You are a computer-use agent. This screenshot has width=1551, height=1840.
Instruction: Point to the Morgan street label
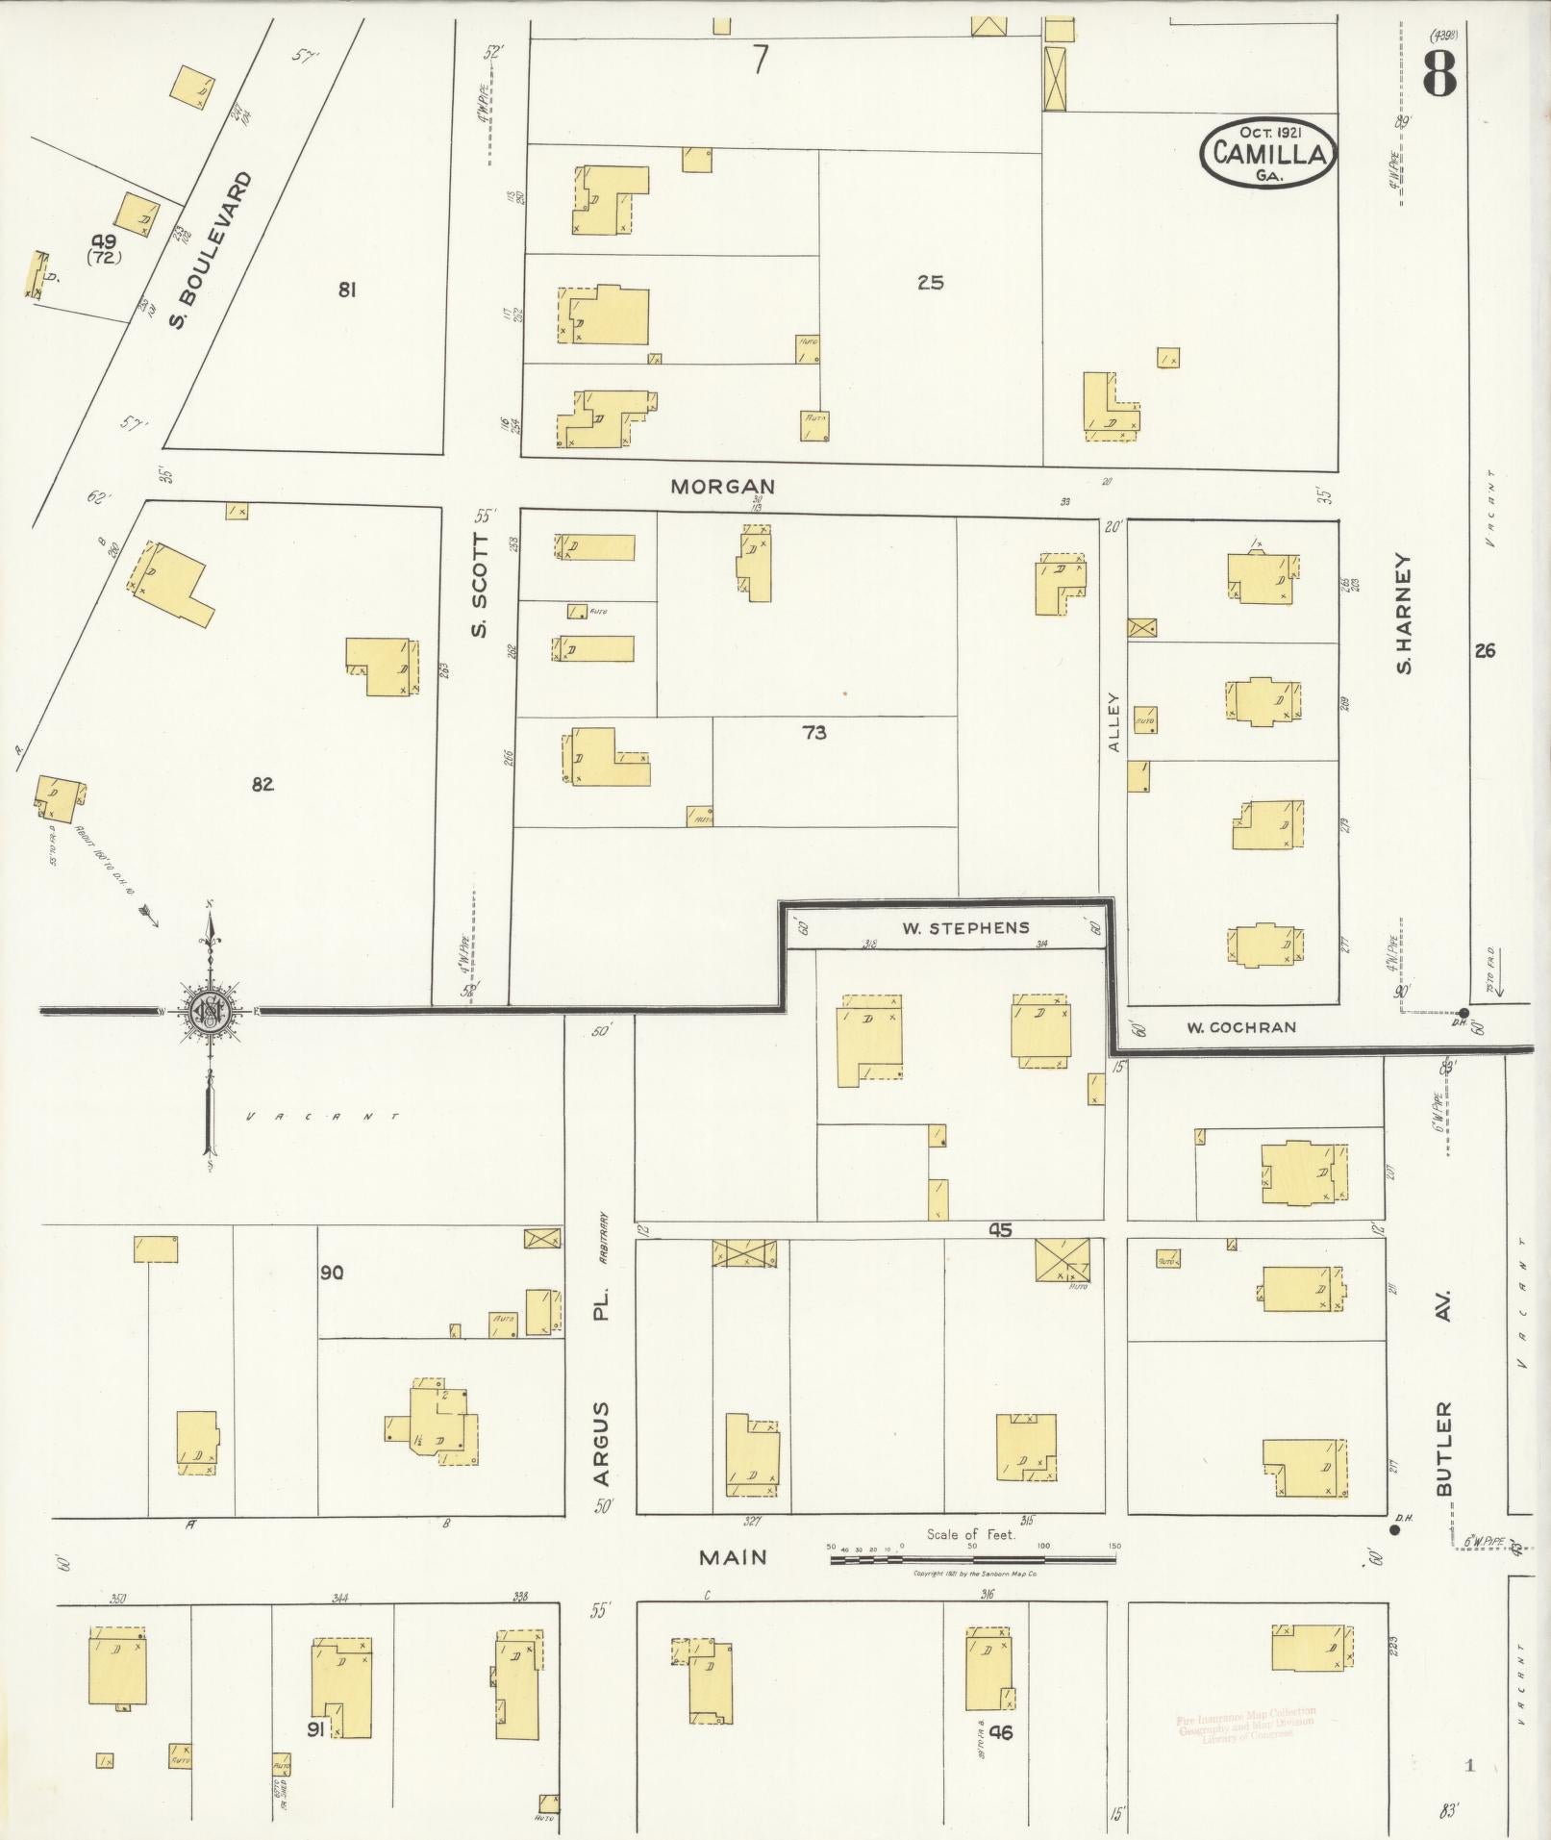pyautogui.click(x=722, y=487)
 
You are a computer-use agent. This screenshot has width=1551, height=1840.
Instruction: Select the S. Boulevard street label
pyautogui.click(x=210, y=250)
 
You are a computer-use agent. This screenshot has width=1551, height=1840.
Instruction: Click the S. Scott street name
pyautogui.click(x=480, y=586)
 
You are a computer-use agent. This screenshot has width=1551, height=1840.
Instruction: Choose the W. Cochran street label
pyautogui.click(x=1240, y=1027)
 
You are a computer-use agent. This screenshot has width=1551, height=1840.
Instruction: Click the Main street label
pyautogui.click(x=733, y=1556)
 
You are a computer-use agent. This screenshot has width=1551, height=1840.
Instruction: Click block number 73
pyautogui.click(x=813, y=733)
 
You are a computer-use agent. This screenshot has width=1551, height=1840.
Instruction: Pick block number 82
pyautogui.click(x=263, y=785)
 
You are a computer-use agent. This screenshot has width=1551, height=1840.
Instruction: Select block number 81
pyautogui.click(x=347, y=288)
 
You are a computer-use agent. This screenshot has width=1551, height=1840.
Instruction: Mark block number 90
pyautogui.click(x=332, y=1273)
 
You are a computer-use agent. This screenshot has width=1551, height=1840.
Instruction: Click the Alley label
pyautogui.click(x=1114, y=722)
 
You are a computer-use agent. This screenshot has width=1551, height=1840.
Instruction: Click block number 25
pyautogui.click(x=930, y=283)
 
